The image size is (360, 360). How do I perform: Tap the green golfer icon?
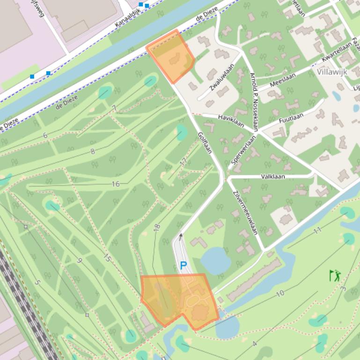(335, 275)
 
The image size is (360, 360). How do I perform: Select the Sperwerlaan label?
(243, 150)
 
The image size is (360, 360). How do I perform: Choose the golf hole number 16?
(116, 184)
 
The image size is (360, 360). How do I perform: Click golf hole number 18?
(157, 227)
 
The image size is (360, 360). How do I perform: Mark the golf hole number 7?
(114, 108)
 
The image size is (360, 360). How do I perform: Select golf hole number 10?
(280, 294)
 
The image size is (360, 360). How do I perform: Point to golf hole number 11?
(317, 230)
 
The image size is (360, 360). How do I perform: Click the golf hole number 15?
(107, 258)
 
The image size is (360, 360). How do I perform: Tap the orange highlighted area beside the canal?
(171, 55)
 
